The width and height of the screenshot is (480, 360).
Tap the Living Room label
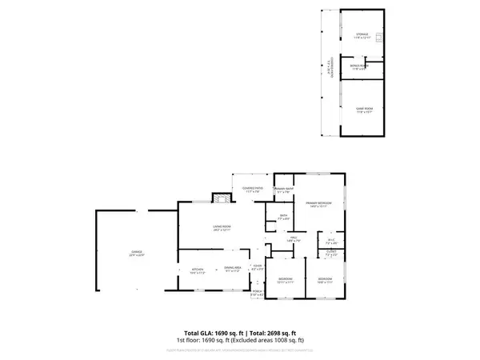pos(222,228)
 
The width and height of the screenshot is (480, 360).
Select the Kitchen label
pos(196,269)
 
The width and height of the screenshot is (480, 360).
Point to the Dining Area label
pos(233,269)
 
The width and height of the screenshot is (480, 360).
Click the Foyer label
pos(258,268)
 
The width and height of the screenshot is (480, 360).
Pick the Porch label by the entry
pos(258,293)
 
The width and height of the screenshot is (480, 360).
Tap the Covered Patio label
pos(254,190)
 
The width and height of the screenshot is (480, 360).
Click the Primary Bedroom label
pos(318,205)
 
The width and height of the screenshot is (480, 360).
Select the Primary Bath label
pos(283,190)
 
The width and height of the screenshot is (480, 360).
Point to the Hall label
pos(294,238)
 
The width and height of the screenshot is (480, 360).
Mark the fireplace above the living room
pos(216,198)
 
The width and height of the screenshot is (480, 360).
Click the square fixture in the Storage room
pos(382,37)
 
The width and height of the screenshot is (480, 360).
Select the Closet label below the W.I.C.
pos(331,253)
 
